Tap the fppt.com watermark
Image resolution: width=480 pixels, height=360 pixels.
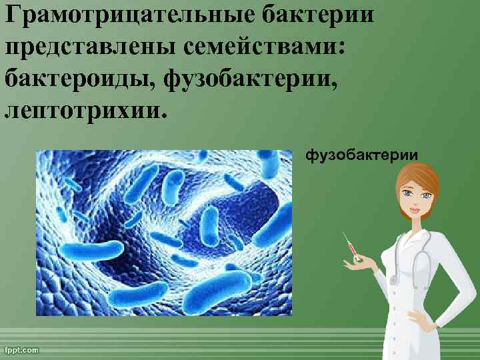22,349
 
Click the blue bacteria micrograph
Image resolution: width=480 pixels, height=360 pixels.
163,232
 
